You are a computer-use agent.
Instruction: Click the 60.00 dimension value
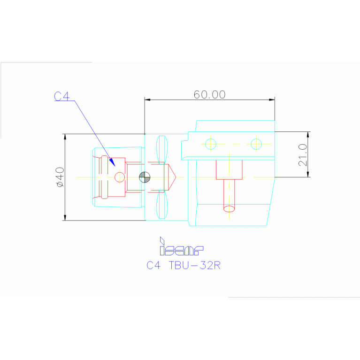pyautogui.click(x=209, y=94)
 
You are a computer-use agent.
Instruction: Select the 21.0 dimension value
pyautogui.click(x=302, y=154)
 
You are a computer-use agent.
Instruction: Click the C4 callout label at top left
pyautogui.click(x=61, y=96)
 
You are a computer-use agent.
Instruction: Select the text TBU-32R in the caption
pyautogui.click(x=194, y=265)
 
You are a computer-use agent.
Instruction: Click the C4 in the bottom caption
pyautogui.click(x=153, y=265)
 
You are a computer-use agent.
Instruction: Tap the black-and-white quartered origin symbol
pyautogui.click(x=145, y=177)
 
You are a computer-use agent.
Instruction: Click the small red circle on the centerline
pyautogui.click(x=120, y=177)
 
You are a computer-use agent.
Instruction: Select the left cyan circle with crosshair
pyautogui.click(x=211, y=144)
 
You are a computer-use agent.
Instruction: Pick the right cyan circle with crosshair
pyautogui.click(x=256, y=144)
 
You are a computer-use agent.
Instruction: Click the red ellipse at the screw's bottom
pyautogui.click(x=229, y=208)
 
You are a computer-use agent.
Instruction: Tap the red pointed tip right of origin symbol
pyautogui.click(x=173, y=177)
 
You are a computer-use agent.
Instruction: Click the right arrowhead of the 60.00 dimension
pyautogui.click(x=272, y=100)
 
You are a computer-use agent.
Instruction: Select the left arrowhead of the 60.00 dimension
pyautogui.click(x=147, y=100)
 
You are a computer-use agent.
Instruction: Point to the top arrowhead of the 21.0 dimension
pyautogui.click(x=308, y=135)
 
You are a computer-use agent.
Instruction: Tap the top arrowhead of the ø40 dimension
pyautogui.click(x=65, y=137)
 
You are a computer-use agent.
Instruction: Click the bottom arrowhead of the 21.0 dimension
pyautogui.click(x=308, y=174)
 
